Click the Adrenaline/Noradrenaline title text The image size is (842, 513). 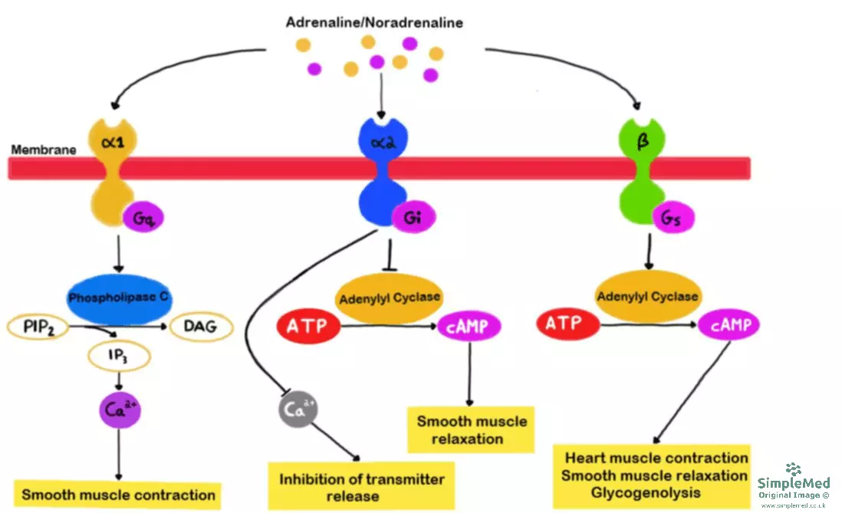tap(374, 22)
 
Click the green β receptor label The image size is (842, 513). tap(643, 141)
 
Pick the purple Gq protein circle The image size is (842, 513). tap(143, 219)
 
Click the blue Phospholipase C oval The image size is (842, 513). tap(118, 298)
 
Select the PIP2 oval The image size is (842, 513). tap(37, 329)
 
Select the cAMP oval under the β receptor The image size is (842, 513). tap(729, 326)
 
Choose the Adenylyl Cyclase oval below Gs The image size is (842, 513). tap(647, 296)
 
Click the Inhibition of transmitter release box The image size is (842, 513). tap(361, 487)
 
